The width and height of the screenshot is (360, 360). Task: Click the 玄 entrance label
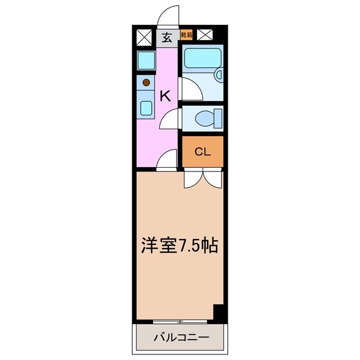click(x=166, y=38)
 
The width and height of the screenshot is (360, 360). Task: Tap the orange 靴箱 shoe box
click(x=186, y=35)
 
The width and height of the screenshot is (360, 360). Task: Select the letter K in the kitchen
click(x=164, y=96)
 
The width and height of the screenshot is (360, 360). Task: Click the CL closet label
click(x=202, y=151)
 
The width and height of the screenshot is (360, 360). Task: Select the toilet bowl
click(x=204, y=119)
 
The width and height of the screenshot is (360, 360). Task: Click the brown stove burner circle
click(x=146, y=81)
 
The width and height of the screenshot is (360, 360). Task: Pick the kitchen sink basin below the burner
click(x=146, y=107)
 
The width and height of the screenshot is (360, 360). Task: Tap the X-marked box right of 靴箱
click(x=205, y=35)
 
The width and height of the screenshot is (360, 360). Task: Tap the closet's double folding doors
click(x=202, y=179)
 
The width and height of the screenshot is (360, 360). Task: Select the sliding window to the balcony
click(x=180, y=321)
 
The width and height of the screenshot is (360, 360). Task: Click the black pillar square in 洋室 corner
click(x=218, y=312)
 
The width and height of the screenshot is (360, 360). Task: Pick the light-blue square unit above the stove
click(x=146, y=60)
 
